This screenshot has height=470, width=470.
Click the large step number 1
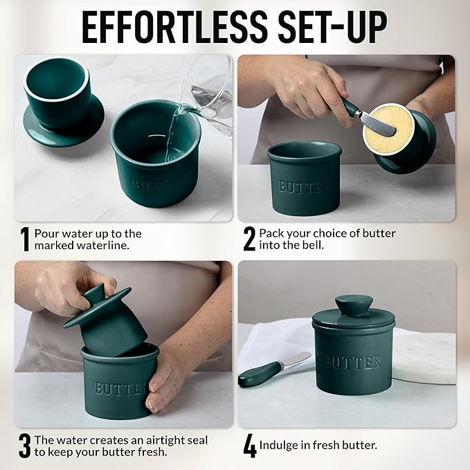coord(25,239)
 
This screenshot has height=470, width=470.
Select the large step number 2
coord(249,239)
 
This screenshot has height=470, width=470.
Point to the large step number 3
coord(25,446)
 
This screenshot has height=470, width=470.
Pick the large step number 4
coord(249,446)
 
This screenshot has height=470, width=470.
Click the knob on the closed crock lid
coord(353,305)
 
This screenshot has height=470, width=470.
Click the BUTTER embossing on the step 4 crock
coord(353,362)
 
